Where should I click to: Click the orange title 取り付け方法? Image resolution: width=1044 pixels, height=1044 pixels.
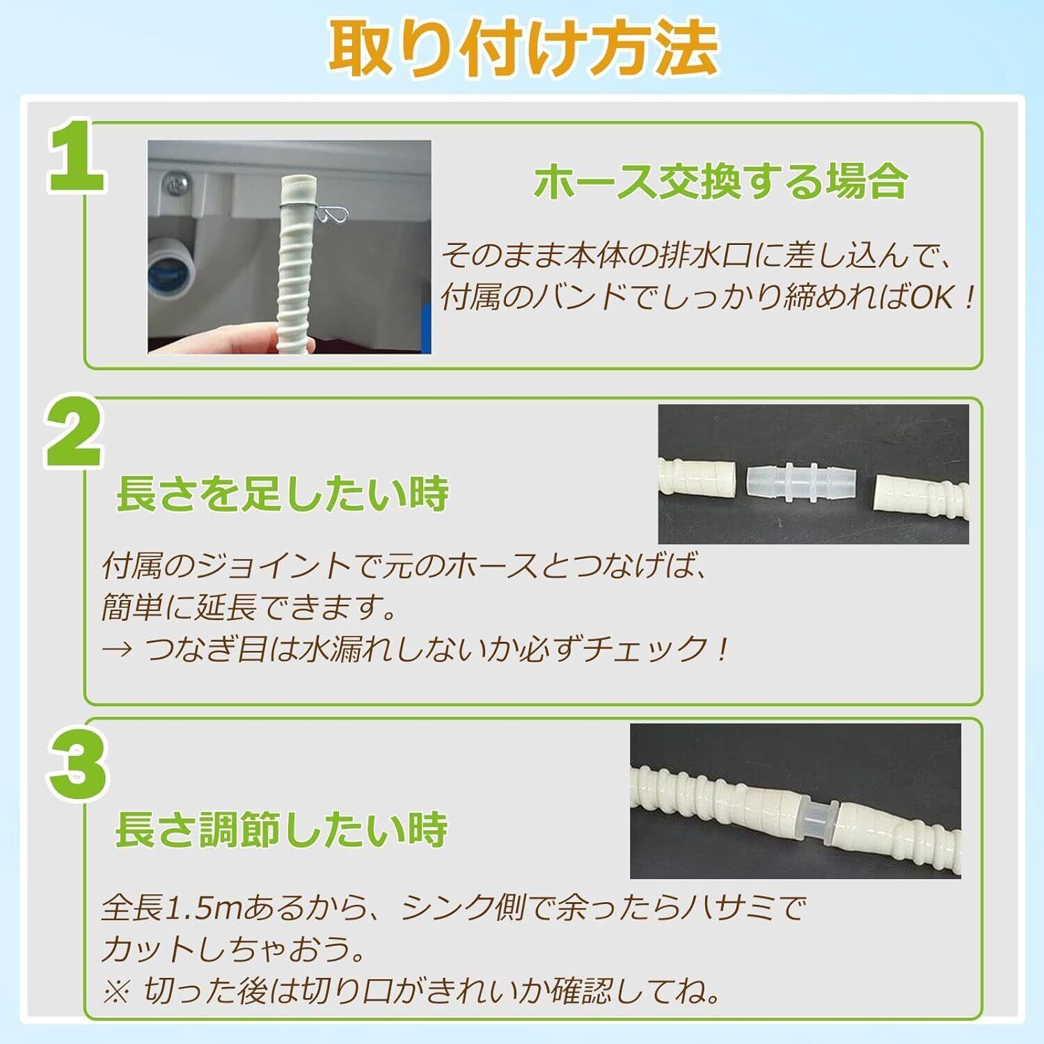coord(523,48)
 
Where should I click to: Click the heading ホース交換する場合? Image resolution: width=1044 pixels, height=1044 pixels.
coord(721,182)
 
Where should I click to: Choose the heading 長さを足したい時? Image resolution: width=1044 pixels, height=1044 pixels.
coord(282,493)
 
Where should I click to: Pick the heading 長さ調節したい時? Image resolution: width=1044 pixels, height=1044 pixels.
coord(281,829)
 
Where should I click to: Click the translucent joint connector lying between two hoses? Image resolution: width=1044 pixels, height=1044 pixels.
coord(802,480)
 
